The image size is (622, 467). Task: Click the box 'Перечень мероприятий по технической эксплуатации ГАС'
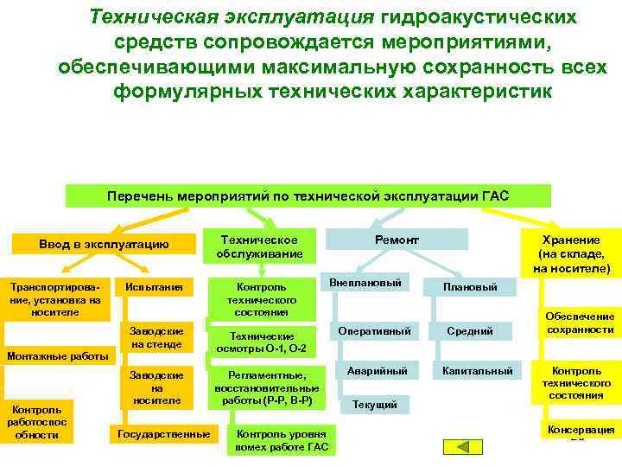point(308,196)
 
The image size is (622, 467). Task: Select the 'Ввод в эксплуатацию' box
point(104,245)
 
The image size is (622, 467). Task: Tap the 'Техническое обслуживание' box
point(259,246)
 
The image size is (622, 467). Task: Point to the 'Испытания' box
point(154,286)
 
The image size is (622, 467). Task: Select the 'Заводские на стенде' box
point(156,338)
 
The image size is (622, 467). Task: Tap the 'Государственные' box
point(163,432)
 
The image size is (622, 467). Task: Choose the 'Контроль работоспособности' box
point(37,421)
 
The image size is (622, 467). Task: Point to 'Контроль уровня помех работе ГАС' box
point(281,439)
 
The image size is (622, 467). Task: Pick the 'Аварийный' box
point(377,370)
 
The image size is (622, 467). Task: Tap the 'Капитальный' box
point(478,371)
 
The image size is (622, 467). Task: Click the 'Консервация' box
point(581,430)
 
